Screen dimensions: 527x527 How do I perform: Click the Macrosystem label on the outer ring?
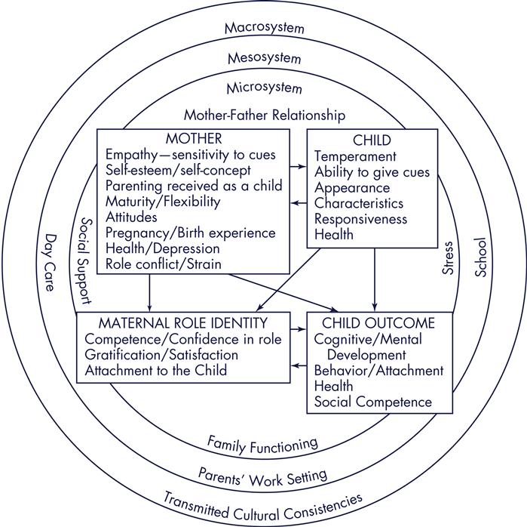[264, 28]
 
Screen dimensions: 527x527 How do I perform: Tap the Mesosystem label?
[264, 57]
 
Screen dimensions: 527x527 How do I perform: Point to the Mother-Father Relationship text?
[264, 116]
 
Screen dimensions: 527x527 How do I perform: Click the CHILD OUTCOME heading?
[375, 323]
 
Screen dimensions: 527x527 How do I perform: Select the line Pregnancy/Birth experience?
[190, 233]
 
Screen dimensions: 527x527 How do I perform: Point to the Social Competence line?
[373, 402]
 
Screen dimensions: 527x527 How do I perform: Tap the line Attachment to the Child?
[155, 371]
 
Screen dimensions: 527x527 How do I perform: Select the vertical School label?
[480, 259]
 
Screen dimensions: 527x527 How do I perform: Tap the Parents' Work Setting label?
[263, 474]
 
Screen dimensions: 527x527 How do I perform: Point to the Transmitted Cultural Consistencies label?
[263, 504]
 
